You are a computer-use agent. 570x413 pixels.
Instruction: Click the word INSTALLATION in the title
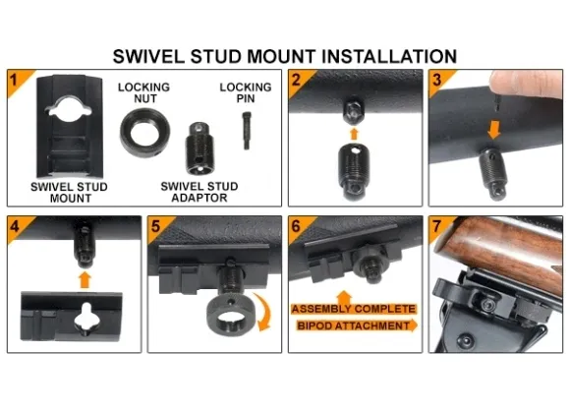click(388, 56)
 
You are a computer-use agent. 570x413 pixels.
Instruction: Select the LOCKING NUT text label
click(143, 92)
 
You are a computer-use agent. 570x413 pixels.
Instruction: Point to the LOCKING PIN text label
click(246, 92)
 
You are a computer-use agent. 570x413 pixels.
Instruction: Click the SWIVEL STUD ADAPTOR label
click(199, 192)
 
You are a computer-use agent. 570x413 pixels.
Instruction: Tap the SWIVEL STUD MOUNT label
click(69, 193)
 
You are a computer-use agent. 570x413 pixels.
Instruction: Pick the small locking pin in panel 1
click(246, 131)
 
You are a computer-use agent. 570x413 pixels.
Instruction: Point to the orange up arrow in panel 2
click(354, 133)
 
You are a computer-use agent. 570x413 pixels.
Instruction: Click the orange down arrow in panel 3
click(493, 130)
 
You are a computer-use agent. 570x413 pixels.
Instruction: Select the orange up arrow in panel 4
click(85, 280)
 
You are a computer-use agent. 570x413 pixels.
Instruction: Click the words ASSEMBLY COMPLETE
click(354, 310)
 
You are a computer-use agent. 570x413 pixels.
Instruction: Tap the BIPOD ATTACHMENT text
click(354, 325)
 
